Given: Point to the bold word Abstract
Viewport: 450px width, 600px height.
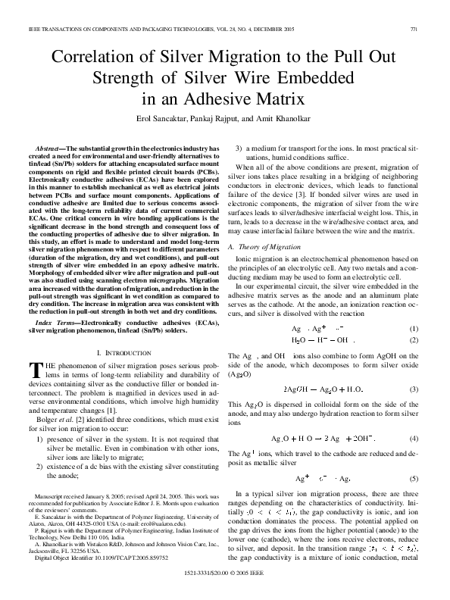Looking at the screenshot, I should click(52, 144).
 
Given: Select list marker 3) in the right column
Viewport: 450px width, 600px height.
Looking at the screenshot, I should click(239, 144).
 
